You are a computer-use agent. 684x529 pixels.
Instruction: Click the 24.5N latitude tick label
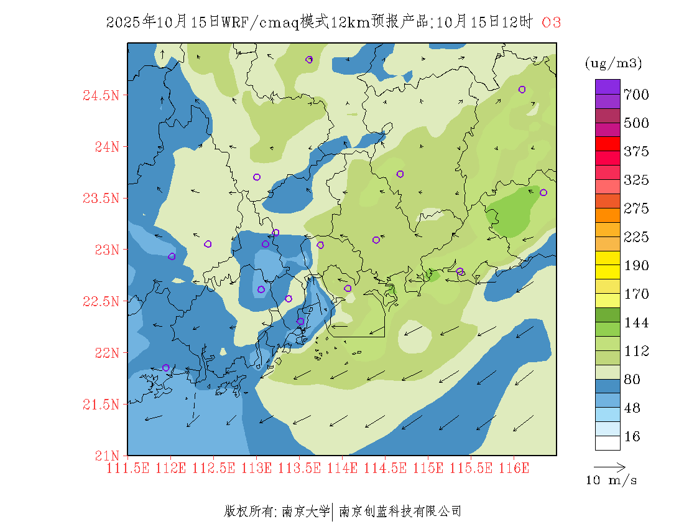(101, 96)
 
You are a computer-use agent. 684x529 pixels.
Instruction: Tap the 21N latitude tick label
(106, 456)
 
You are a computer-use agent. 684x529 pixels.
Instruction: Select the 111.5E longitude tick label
(127, 468)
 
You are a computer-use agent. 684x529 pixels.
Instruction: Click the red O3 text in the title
(552, 22)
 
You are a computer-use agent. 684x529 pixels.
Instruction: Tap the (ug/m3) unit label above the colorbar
(613, 63)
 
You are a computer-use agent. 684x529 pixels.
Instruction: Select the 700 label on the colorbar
(636, 95)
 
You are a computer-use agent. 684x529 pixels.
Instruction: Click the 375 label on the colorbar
(636, 152)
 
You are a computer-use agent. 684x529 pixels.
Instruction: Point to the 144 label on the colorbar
(636, 323)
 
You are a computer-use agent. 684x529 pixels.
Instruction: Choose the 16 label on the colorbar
(632, 437)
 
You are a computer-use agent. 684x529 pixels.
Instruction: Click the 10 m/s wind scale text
(611, 480)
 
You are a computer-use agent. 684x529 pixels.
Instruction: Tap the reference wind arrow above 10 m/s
(609, 466)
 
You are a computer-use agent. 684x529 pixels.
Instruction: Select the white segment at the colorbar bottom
(608, 442)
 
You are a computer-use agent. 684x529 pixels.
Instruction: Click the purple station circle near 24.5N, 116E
(522, 89)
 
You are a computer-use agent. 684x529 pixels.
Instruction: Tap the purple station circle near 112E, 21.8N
(165, 368)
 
